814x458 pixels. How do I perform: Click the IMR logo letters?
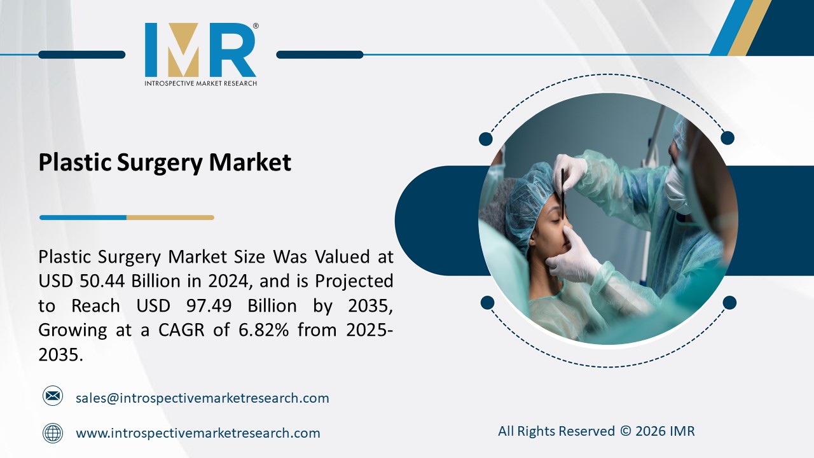click(x=200, y=51)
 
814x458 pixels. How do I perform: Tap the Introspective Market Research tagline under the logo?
click(x=200, y=83)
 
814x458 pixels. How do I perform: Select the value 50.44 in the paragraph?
click(x=102, y=281)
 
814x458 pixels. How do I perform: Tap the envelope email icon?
click(x=53, y=396)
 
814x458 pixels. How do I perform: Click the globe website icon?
click(x=53, y=433)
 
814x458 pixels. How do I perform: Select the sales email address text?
click(x=202, y=398)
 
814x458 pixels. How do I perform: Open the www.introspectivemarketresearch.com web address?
click(x=198, y=433)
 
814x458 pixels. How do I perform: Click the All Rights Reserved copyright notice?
click(x=596, y=431)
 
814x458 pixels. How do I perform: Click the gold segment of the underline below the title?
click(x=170, y=218)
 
